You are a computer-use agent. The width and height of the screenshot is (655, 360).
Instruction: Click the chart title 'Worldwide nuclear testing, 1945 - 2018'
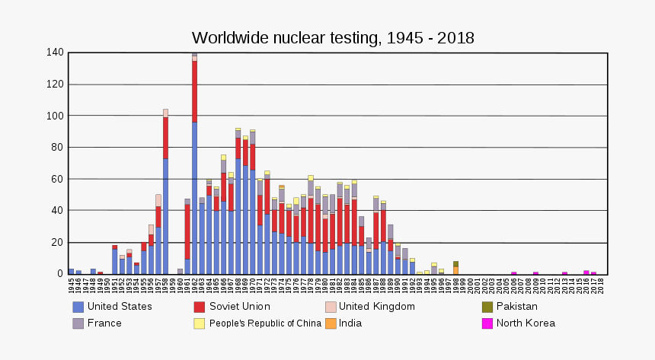(333, 37)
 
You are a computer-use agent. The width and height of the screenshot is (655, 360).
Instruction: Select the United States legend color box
(78, 307)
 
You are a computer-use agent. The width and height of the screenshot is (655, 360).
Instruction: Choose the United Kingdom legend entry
(376, 307)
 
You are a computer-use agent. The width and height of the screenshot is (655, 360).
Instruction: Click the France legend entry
(104, 323)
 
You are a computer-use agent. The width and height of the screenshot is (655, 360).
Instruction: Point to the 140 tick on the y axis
(53, 53)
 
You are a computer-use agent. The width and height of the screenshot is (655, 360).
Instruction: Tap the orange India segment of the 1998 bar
(455, 270)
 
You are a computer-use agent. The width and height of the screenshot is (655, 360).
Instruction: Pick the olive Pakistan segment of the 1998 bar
(455, 264)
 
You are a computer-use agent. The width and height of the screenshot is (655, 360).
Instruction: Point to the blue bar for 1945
(71, 271)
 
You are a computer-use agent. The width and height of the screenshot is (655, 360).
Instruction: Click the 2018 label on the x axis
(601, 285)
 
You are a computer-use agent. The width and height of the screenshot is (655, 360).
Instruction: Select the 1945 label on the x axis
(71, 285)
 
